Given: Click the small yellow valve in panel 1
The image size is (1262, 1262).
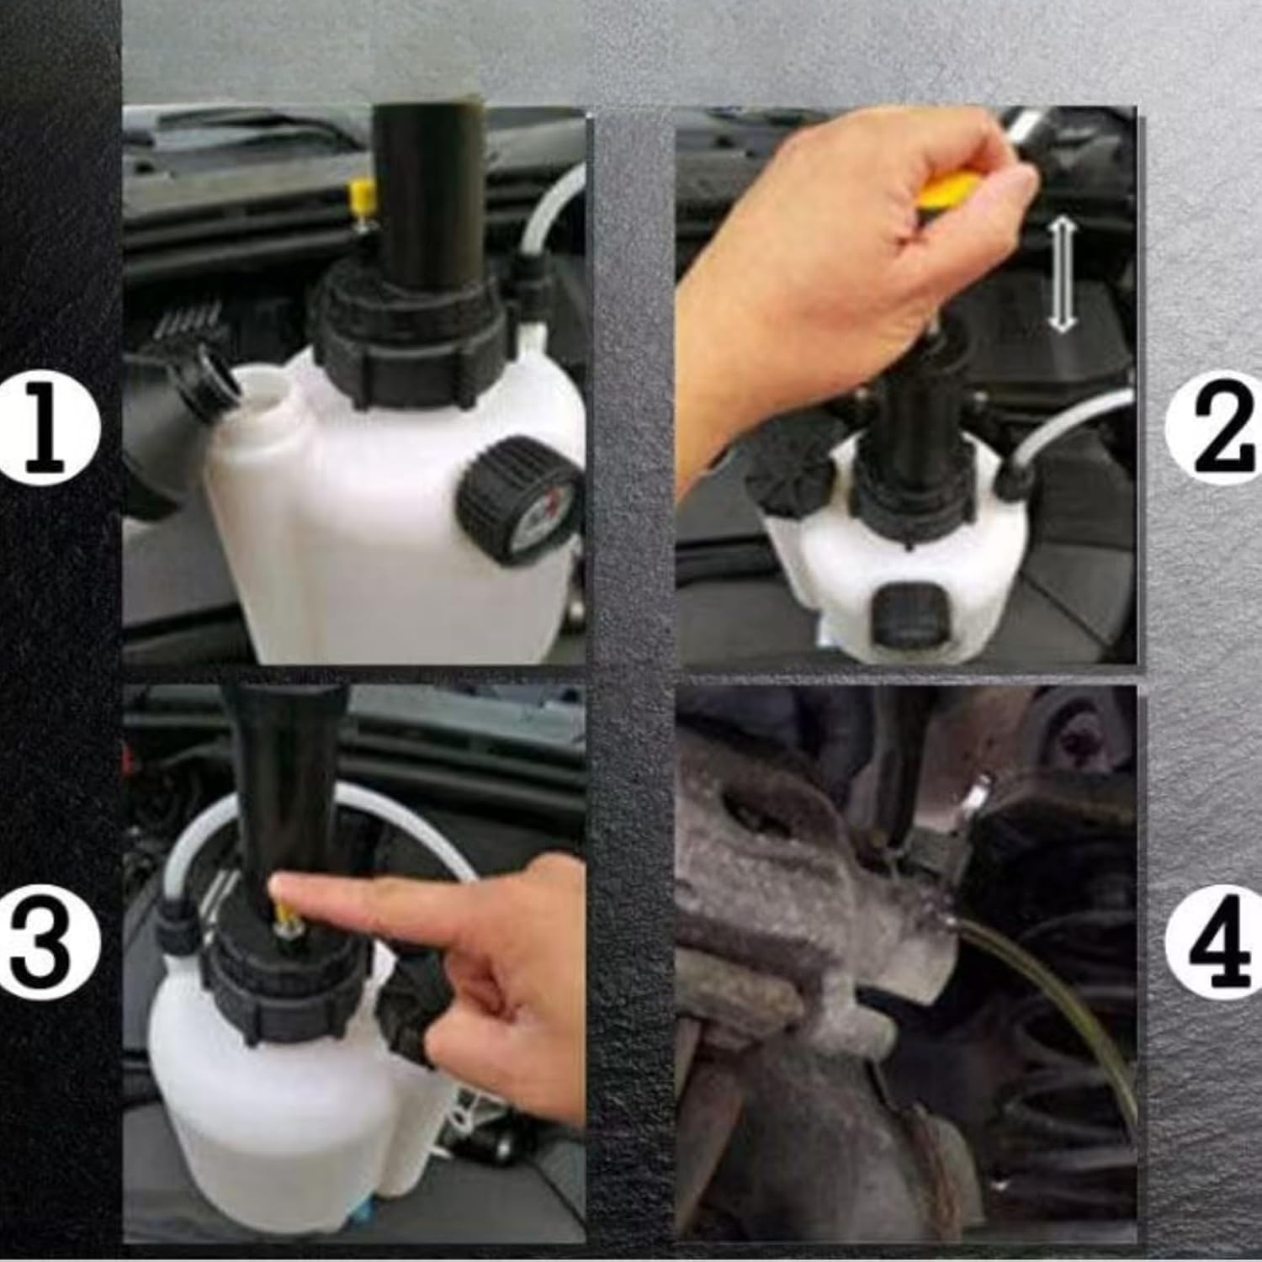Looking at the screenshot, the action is [x=363, y=200].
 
